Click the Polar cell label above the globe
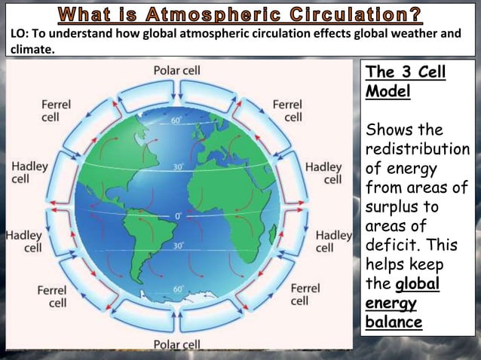[x=176, y=71]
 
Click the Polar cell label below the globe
[x=176, y=344]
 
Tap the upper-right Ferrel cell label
[x=287, y=110]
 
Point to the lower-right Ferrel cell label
[x=304, y=294]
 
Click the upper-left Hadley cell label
[x=29, y=172]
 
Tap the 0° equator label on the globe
[x=179, y=216]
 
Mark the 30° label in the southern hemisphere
[x=179, y=246]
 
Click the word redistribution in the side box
[x=416, y=148]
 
